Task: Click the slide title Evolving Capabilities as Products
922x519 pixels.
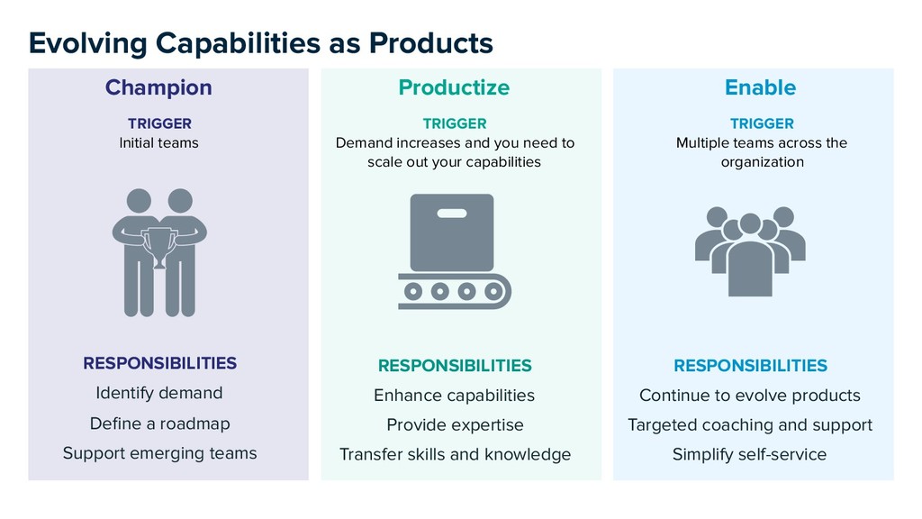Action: pyautogui.click(x=260, y=42)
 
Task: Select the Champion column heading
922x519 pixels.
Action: pyautogui.click(x=158, y=87)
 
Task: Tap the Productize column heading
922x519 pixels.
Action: pyautogui.click(x=454, y=87)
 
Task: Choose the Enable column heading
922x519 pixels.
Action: pyautogui.click(x=760, y=87)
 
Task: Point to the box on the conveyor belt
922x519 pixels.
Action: pyautogui.click(x=452, y=232)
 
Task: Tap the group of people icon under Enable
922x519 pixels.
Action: pyautogui.click(x=750, y=250)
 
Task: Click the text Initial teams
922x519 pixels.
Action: pyautogui.click(x=158, y=142)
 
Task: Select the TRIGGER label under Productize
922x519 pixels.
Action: pyautogui.click(x=454, y=123)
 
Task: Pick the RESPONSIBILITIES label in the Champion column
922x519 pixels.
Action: pyautogui.click(x=159, y=363)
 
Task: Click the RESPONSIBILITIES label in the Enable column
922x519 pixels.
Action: pyautogui.click(x=750, y=365)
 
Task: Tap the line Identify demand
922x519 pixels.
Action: pyautogui.click(x=158, y=393)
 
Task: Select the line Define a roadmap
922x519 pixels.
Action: pyautogui.click(x=159, y=423)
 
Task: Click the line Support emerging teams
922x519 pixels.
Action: pyautogui.click(x=159, y=453)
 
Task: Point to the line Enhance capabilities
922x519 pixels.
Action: pyautogui.click(x=454, y=396)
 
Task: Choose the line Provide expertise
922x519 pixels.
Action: pyautogui.click(x=455, y=424)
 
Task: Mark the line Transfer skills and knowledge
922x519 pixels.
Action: pyautogui.click(x=455, y=454)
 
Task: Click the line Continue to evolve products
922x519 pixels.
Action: pyautogui.click(x=749, y=396)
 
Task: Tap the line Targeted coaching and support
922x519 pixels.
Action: pyautogui.click(x=749, y=424)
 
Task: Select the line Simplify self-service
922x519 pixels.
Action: pyautogui.click(x=749, y=454)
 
